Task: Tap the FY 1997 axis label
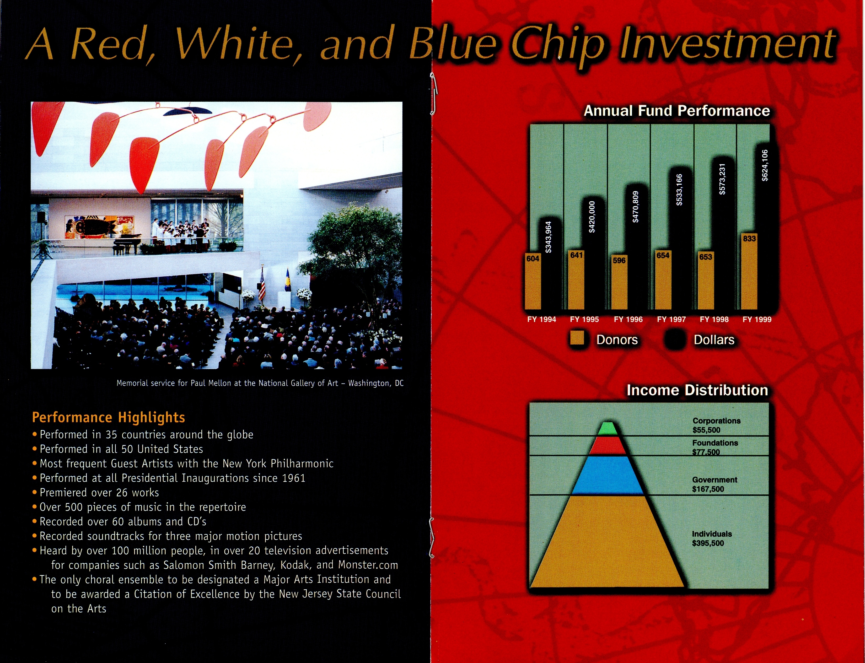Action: click(x=671, y=319)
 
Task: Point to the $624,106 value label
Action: click(x=765, y=165)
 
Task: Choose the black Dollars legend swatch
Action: click(x=675, y=339)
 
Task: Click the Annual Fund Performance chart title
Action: click(x=677, y=111)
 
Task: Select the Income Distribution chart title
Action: click(x=697, y=390)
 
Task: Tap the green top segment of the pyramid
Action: click(x=608, y=429)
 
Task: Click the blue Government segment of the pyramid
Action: click(x=608, y=475)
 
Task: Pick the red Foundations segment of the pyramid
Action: click(x=608, y=446)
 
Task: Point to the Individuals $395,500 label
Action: click(x=712, y=538)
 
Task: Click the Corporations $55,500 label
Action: click(x=716, y=425)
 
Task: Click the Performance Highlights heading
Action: click(x=109, y=417)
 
